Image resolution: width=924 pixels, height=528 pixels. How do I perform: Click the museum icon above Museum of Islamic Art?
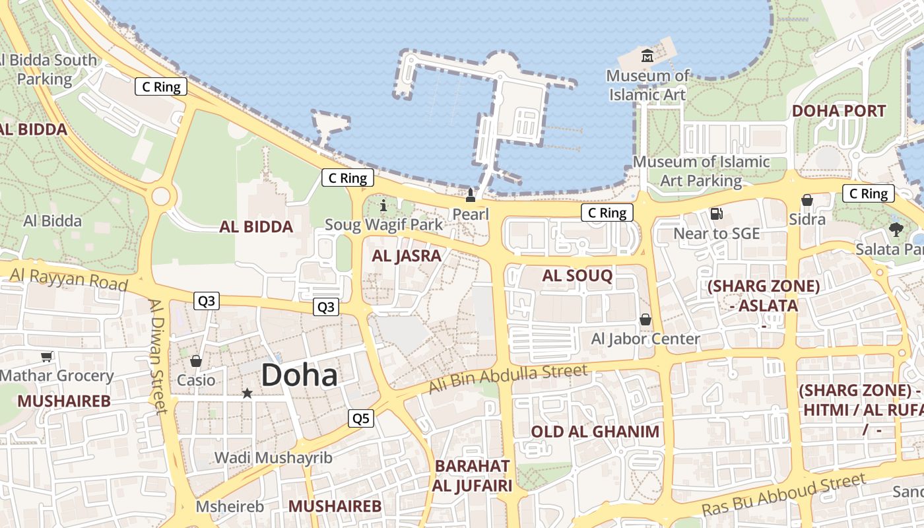coord(647,56)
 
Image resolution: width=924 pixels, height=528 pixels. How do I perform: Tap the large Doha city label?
coord(300,375)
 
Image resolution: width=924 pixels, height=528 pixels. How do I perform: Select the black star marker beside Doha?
coord(247,393)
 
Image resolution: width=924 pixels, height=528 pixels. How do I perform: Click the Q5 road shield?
coord(361,418)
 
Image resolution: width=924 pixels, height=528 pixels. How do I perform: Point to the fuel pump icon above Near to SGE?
coord(716,213)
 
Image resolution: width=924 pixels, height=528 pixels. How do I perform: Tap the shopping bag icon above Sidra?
coord(807,200)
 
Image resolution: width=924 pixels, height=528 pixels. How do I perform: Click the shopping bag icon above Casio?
coord(196,361)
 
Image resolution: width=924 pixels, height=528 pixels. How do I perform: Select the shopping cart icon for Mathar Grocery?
coord(46,357)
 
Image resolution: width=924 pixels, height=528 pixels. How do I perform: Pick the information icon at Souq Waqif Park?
coord(383,205)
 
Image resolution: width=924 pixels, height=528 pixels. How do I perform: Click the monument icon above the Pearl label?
coord(471,195)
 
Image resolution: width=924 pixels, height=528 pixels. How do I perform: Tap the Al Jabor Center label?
coord(645,339)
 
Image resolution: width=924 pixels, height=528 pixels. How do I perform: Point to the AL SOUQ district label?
coord(577,276)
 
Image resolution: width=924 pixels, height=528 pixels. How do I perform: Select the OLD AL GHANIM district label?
coord(595,432)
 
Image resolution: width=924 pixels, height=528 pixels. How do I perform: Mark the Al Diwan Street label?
coord(159,356)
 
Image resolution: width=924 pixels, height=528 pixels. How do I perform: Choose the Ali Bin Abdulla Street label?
coord(508,379)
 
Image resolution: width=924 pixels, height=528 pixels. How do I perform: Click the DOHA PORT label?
coord(838,110)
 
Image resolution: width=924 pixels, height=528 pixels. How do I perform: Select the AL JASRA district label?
coord(406,256)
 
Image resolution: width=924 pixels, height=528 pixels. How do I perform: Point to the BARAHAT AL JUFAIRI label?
coord(472,476)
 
